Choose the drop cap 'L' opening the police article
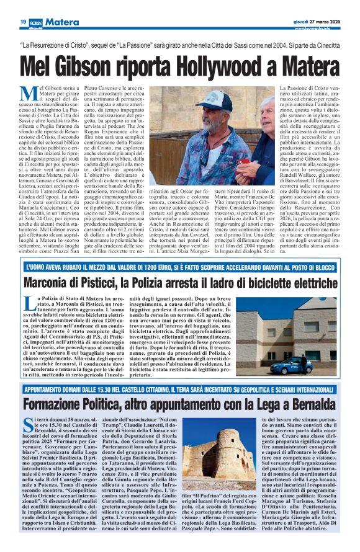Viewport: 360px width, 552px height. point(30,304)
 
